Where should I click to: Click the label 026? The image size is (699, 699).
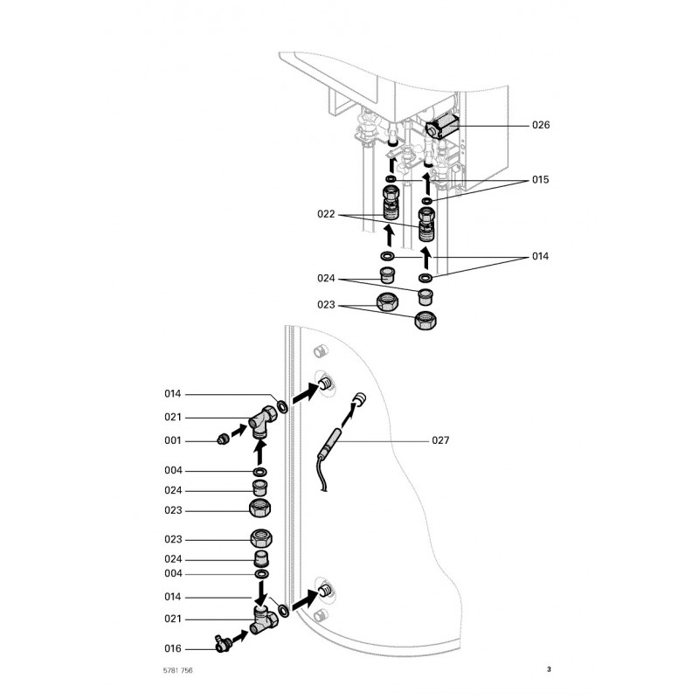tap(541, 126)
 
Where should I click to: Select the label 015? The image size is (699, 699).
tap(541, 180)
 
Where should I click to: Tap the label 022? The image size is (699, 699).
tap(326, 212)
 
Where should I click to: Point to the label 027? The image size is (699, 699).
tap(440, 441)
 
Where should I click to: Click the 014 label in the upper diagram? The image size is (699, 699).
tap(541, 257)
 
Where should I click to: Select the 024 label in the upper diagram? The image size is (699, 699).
tap(326, 278)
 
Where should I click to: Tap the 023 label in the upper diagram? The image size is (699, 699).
tap(326, 306)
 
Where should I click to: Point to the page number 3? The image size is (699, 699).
tap(549, 670)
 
